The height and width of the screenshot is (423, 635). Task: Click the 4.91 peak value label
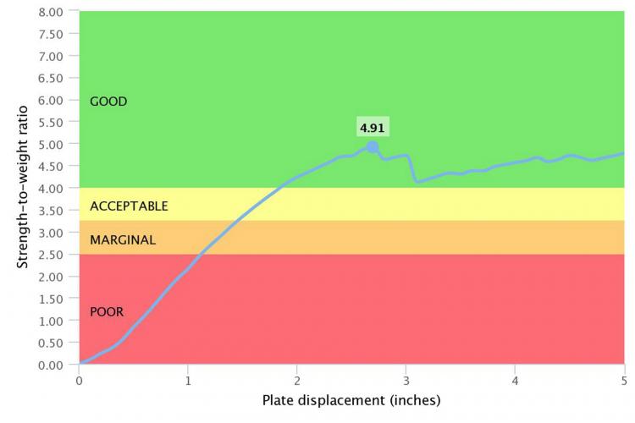373,129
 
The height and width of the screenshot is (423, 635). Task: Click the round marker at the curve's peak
373,147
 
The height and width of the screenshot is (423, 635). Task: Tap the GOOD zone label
108,102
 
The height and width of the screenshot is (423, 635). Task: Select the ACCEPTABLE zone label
129,206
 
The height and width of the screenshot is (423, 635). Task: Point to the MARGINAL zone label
123,240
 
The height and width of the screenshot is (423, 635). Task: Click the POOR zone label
107,311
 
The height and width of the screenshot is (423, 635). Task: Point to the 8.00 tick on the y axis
51,13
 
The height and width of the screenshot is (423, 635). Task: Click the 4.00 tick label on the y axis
51,189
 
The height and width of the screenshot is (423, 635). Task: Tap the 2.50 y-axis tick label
51,255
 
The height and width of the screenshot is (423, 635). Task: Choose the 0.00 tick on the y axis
51,365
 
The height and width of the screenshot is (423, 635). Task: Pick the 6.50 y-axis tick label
51,79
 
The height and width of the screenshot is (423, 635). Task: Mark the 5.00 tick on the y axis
51,145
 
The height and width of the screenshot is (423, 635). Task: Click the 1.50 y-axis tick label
51,299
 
